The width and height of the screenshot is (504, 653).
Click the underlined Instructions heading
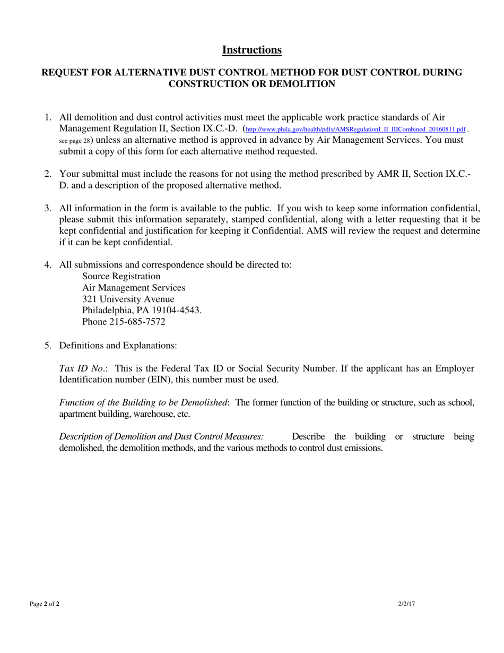pyautogui.click(x=251, y=50)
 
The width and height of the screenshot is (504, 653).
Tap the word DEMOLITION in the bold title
pyautogui.click(x=306, y=84)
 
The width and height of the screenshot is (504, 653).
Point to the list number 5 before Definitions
pyautogui.click(x=47, y=345)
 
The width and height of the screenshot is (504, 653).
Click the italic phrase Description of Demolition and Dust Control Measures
pyautogui.click(x=161, y=437)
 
